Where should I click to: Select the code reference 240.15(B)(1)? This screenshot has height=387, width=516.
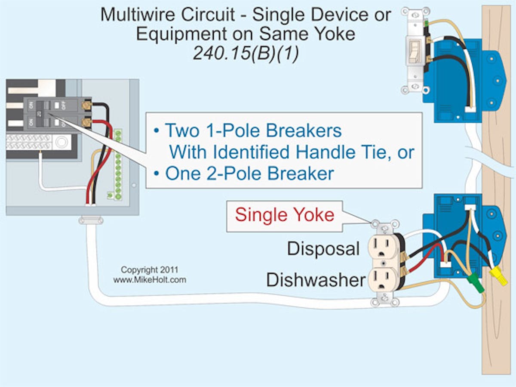click(246, 54)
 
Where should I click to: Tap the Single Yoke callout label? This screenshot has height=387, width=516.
click(285, 215)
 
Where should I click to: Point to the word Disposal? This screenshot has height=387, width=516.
click(323, 248)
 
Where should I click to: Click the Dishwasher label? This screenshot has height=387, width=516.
click(316, 280)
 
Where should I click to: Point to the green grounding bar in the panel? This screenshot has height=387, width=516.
click(117, 164)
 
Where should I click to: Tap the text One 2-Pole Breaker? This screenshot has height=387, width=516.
click(249, 173)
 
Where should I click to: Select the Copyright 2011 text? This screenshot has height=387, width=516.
click(149, 270)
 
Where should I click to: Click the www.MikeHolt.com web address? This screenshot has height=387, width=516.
click(150, 280)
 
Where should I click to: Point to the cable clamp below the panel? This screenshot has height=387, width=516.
click(91, 221)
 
